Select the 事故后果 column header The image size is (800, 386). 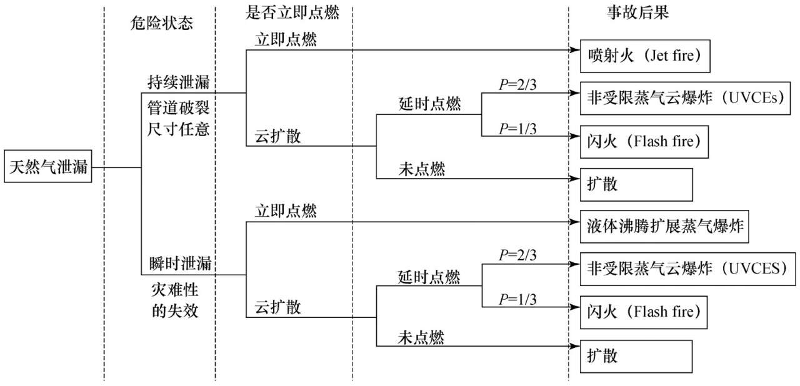coord(638,13)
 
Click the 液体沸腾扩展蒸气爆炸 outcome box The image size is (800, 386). coord(663,225)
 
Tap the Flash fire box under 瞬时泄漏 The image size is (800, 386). coord(644,310)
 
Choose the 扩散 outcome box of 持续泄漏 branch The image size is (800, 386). coord(636,184)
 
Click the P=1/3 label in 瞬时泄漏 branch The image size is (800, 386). coord(517,299)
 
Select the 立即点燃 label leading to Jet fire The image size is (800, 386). coord(286,39)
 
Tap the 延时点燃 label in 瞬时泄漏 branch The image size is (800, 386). coord(429,275)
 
